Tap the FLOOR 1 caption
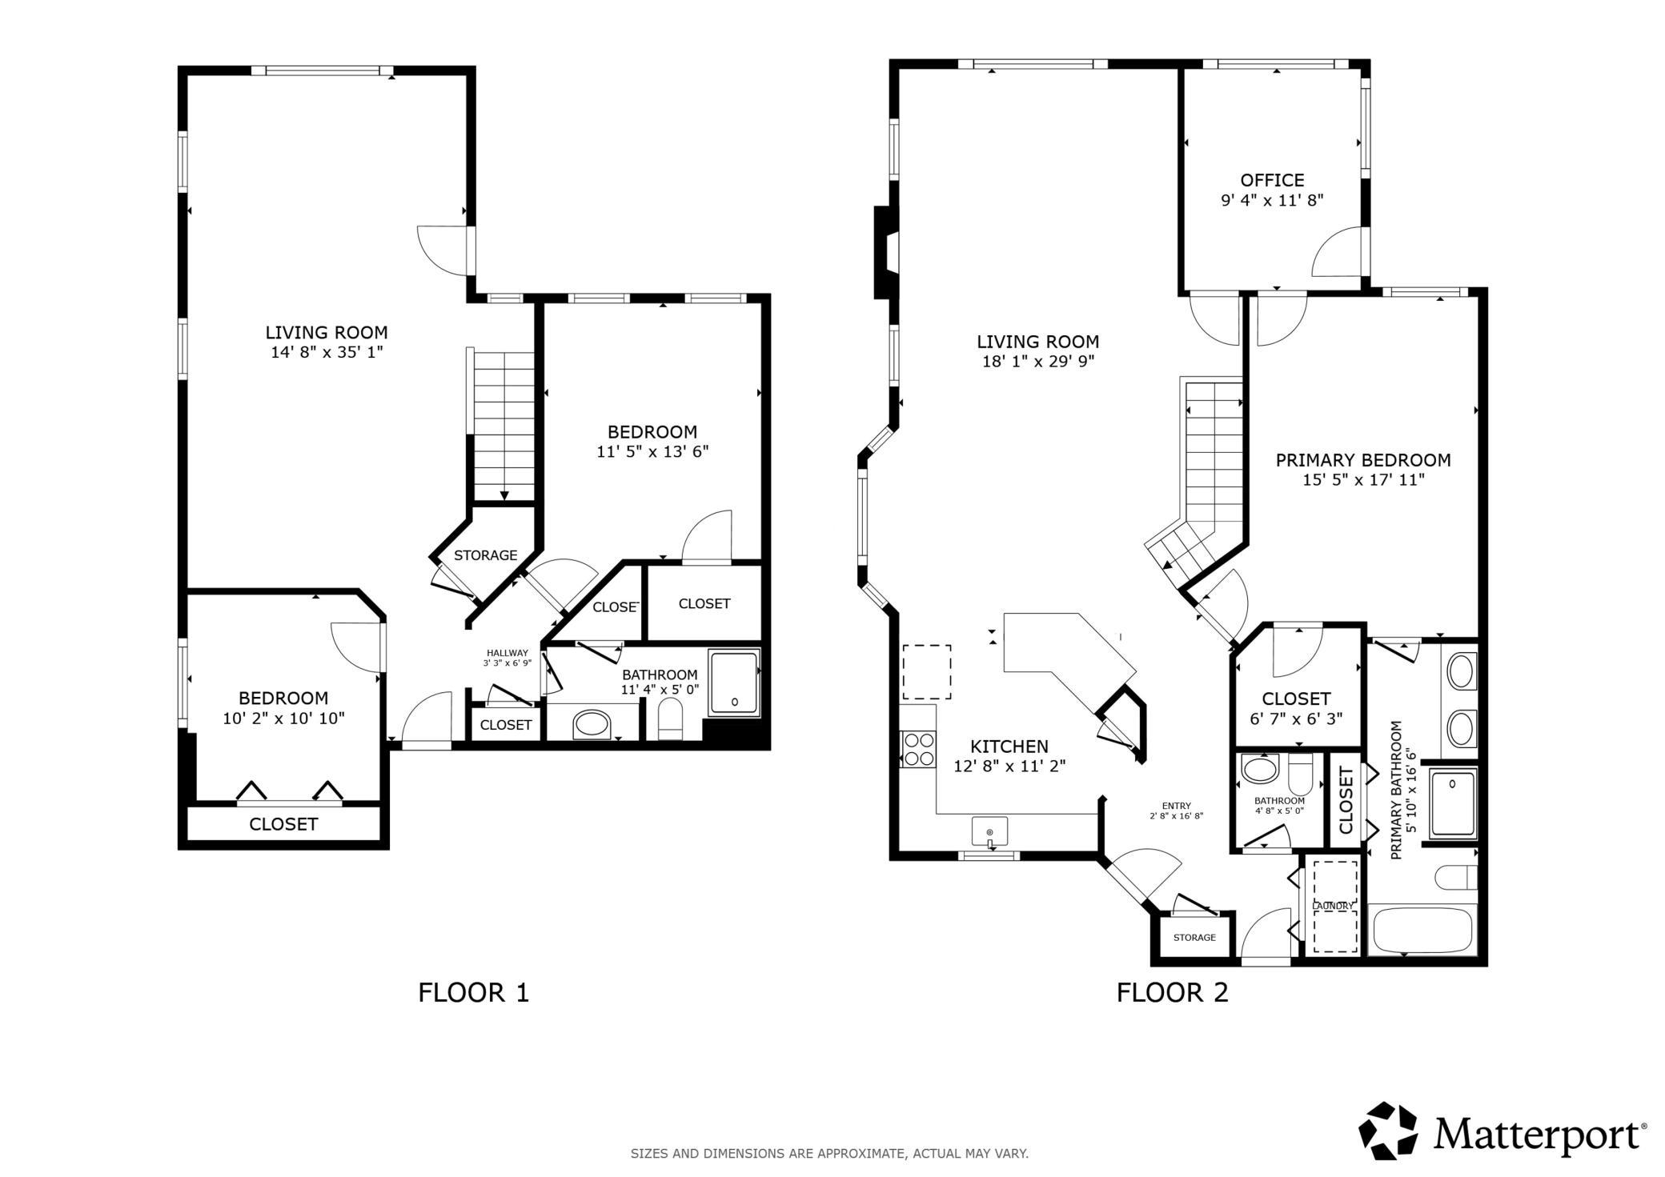(x=474, y=993)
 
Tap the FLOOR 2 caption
(x=1173, y=993)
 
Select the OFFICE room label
(x=1272, y=181)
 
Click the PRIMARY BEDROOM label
(x=1363, y=460)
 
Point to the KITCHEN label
(x=1009, y=747)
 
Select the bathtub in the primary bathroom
(x=1422, y=930)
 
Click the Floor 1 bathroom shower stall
(x=734, y=683)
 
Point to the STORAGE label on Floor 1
(x=486, y=555)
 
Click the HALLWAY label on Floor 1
(x=508, y=653)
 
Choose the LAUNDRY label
(x=1333, y=906)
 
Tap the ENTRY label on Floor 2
(x=1177, y=806)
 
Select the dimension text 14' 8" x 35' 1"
(x=327, y=352)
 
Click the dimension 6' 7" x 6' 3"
(x=1296, y=719)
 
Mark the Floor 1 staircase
(x=503, y=425)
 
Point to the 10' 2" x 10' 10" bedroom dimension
(x=283, y=719)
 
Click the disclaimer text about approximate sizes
(x=829, y=1154)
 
